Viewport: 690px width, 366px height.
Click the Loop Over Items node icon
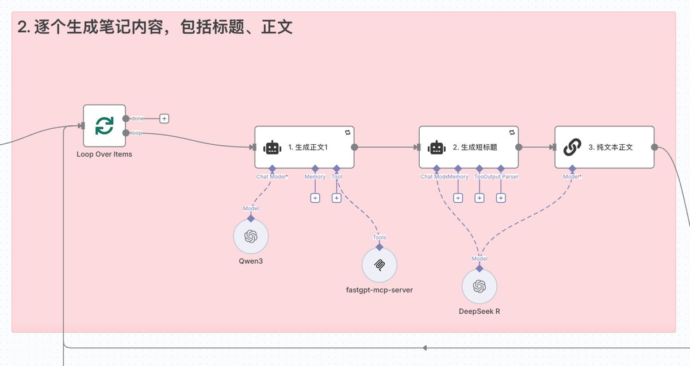coord(104,126)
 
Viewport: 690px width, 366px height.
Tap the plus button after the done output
coord(164,118)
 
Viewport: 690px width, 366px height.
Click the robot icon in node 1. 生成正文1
coord(272,148)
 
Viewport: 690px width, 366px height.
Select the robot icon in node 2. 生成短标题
coord(436,148)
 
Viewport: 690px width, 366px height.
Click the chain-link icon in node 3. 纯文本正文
coord(572,148)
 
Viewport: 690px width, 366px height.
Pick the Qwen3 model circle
coord(251,236)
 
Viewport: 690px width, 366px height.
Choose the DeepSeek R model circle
coord(480,287)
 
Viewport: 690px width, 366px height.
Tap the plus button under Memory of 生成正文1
coord(315,198)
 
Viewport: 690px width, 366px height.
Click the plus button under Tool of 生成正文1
coord(336,198)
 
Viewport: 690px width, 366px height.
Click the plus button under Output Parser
coord(501,198)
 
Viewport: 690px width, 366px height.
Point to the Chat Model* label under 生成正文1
coord(272,177)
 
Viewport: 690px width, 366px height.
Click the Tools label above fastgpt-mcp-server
coord(379,237)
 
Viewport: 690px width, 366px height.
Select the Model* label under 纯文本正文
coord(572,177)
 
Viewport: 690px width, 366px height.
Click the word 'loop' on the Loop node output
coord(136,133)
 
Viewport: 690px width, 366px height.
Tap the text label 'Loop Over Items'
coord(104,154)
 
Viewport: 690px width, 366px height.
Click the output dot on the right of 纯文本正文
coord(654,147)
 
